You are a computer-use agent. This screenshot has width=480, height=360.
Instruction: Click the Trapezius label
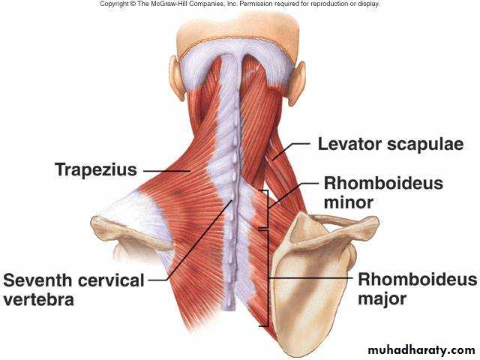[95, 169]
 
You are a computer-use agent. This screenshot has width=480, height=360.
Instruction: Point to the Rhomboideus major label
[417, 289]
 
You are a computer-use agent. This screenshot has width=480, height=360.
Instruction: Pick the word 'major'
[382, 298]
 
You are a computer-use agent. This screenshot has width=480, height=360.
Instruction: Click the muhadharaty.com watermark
[421, 349]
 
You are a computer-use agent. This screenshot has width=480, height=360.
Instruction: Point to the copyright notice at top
[240, 4]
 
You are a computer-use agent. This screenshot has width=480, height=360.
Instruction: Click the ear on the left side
[176, 77]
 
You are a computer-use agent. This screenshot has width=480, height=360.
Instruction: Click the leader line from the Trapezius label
[166, 170]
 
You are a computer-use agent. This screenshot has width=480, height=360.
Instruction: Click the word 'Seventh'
[39, 280]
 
